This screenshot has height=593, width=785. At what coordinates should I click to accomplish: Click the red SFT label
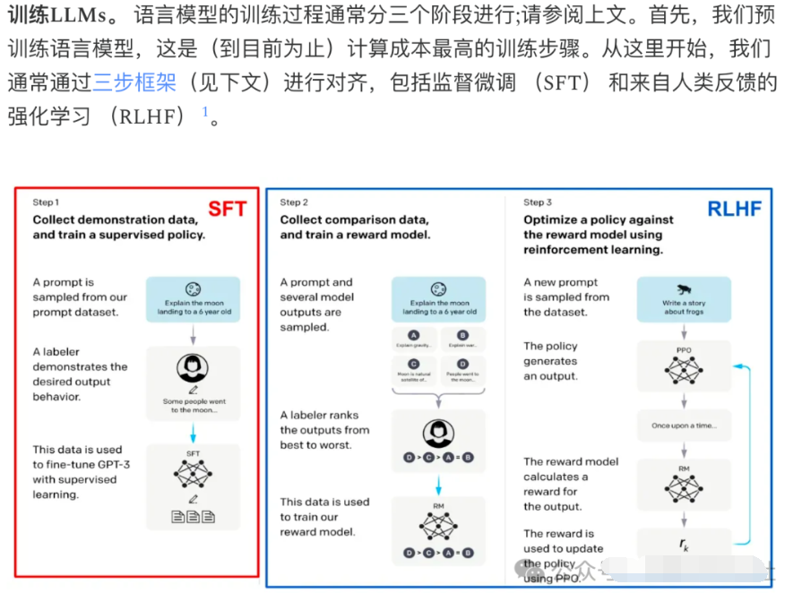(227, 210)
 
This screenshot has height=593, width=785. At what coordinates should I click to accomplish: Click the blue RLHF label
(734, 210)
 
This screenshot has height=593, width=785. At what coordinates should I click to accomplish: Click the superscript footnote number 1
(205, 112)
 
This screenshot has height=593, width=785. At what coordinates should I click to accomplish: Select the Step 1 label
(46, 202)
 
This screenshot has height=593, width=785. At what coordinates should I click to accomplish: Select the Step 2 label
(294, 202)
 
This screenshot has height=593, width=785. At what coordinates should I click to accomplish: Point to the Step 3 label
(538, 202)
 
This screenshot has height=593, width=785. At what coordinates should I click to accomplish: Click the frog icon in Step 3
(684, 288)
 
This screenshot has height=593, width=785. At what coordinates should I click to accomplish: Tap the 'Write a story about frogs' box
(684, 299)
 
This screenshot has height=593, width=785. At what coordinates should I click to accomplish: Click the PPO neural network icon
(684, 367)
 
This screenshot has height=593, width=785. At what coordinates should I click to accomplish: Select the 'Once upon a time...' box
(684, 425)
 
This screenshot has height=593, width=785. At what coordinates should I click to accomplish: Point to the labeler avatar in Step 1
(193, 367)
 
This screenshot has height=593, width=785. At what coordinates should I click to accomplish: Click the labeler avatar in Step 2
(439, 433)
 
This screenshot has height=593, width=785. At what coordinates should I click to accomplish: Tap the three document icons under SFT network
(193, 516)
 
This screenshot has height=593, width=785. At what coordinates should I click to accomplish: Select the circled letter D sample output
(462, 364)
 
